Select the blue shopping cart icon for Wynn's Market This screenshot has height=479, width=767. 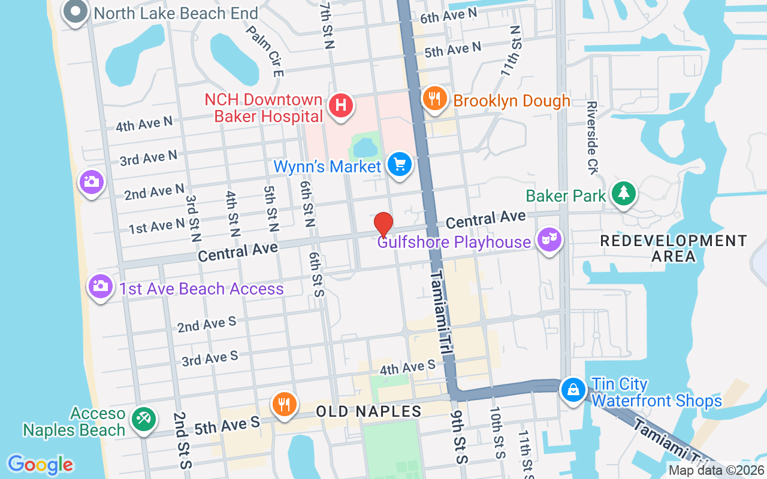[399, 164]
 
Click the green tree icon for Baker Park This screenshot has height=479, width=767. [624, 193]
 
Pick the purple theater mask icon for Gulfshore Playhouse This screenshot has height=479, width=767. [549, 240]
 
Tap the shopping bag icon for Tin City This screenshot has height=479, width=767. [573, 390]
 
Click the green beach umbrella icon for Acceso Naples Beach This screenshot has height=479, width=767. [143, 417]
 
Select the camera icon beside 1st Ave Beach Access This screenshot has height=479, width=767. [101, 286]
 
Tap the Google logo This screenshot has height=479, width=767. [41, 465]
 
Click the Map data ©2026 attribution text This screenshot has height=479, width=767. [716, 471]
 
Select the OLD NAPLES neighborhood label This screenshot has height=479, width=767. [369, 411]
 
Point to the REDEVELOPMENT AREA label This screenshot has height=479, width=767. [674, 248]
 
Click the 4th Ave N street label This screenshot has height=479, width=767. [144, 124]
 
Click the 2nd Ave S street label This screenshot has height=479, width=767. [207, 325]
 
